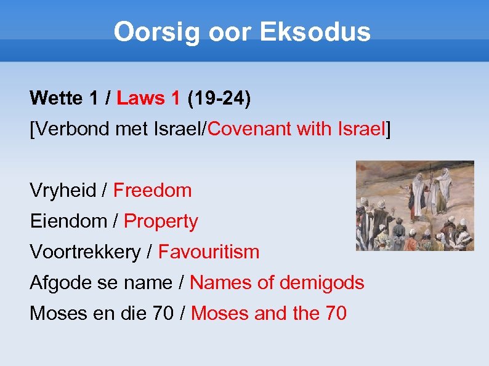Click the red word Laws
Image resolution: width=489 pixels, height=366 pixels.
pos(141,98)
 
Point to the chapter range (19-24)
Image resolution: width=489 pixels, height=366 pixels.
pos(219,98)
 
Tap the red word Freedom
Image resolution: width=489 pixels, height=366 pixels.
pos(153,191)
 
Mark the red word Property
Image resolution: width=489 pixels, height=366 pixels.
pos(161,221)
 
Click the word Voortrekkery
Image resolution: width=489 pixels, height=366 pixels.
pos(85,252)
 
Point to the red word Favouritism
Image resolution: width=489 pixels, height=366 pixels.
pos(209,252)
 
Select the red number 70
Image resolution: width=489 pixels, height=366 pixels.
pos(335,314)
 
